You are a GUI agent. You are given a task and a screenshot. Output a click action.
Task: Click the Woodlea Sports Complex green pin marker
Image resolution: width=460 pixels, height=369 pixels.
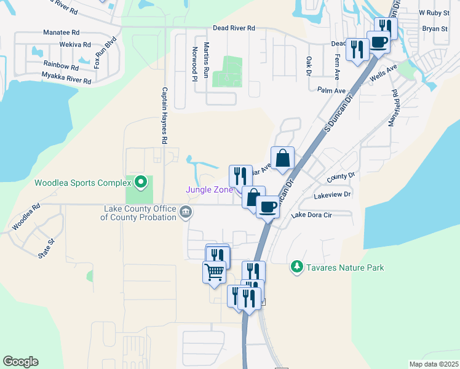point(141,182)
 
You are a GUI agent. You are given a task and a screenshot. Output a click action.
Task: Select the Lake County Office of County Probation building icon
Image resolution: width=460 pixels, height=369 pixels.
point(185,213)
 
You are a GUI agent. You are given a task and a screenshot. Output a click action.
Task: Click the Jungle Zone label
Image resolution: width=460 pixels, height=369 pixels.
point(210,189)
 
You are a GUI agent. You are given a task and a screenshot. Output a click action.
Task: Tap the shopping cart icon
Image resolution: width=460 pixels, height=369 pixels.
point(214,271)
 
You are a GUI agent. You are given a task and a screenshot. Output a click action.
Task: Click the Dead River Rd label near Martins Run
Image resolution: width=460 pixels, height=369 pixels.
point(234,28)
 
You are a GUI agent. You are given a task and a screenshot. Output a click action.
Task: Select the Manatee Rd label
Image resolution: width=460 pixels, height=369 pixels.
point(61,32)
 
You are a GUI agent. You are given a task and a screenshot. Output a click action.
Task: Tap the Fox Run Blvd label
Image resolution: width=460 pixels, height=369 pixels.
point(106,54)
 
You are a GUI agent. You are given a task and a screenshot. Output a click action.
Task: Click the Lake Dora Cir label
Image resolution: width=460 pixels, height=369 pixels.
point(312,215)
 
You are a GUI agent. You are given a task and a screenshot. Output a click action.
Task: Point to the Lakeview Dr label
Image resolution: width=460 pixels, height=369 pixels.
point(332,195)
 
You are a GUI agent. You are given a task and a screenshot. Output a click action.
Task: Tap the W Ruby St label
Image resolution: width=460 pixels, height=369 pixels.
point(430,12)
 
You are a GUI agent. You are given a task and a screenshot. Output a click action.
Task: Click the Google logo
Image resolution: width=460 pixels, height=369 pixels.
point(20,362)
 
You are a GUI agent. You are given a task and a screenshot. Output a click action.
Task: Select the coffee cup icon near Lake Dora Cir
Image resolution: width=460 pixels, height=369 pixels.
point(267,207)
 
